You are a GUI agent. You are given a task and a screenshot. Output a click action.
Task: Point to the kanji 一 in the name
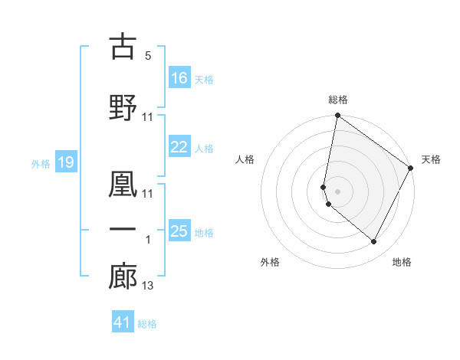[x=122, y=229]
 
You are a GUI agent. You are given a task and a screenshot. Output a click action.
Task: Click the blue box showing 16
[x=179, y=78]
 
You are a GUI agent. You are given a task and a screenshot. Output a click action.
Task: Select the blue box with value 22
[x=179, y=147]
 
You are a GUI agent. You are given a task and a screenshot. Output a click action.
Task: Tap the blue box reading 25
[x=179, y=231]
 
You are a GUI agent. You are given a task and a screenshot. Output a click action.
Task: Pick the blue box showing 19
[x=65, y=162]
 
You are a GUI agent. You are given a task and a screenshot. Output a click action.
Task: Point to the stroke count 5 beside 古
[x=148, y=56]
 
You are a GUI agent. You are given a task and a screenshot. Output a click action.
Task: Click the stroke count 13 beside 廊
[x=148, y=286]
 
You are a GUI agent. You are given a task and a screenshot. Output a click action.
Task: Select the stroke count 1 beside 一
[x=148, y=240]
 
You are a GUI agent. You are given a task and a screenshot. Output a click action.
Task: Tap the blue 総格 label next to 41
[x=147, y=324]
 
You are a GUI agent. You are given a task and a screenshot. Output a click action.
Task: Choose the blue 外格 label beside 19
[x=40, y=163]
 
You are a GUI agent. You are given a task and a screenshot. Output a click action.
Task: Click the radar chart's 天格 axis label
[x=431, y=159]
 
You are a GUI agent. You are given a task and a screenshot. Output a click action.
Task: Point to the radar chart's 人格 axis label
[x=245, y=159]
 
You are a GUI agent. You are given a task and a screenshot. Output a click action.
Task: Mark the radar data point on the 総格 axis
[x=337, y=116]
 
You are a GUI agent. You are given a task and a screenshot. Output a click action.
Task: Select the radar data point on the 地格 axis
[x=373, y=242]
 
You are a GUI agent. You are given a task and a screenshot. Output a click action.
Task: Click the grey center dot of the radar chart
[x=337, y=191]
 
